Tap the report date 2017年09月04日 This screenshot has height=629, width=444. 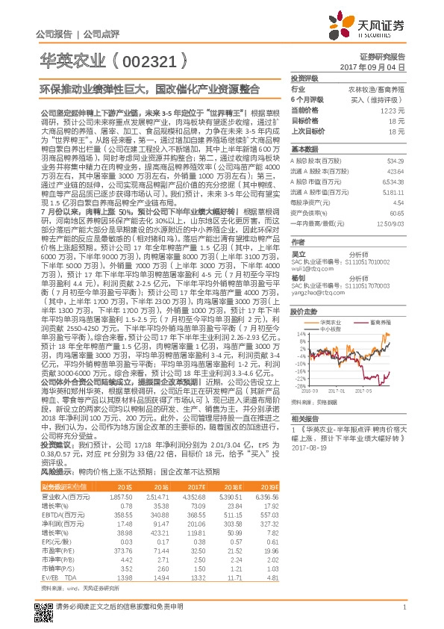pyautogui.click(x=381, y=67)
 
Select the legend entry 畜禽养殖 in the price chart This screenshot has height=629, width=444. pyautogui.click(x=380, y=320)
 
